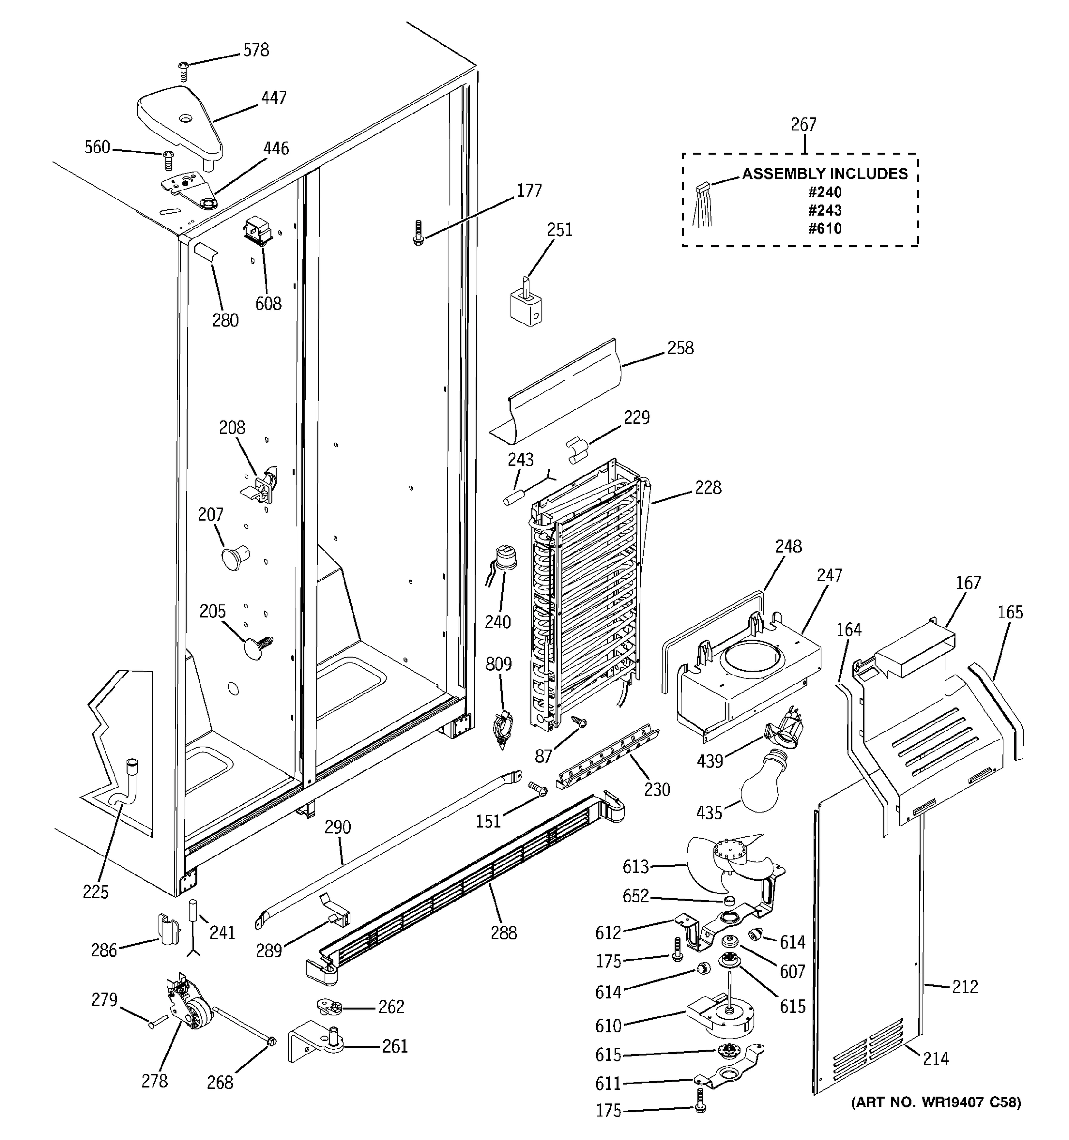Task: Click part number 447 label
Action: click(x=274, y=98)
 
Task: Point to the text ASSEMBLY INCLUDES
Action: click(x=825, y=174)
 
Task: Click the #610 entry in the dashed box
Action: click(x=825, y=229)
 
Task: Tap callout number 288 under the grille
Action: click(x=504, y=933)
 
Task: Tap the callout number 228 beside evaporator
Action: click(x=708, y=487)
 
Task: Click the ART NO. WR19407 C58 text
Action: click(x=936, y=1102)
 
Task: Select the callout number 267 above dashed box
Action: click(x=803, y=124)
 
